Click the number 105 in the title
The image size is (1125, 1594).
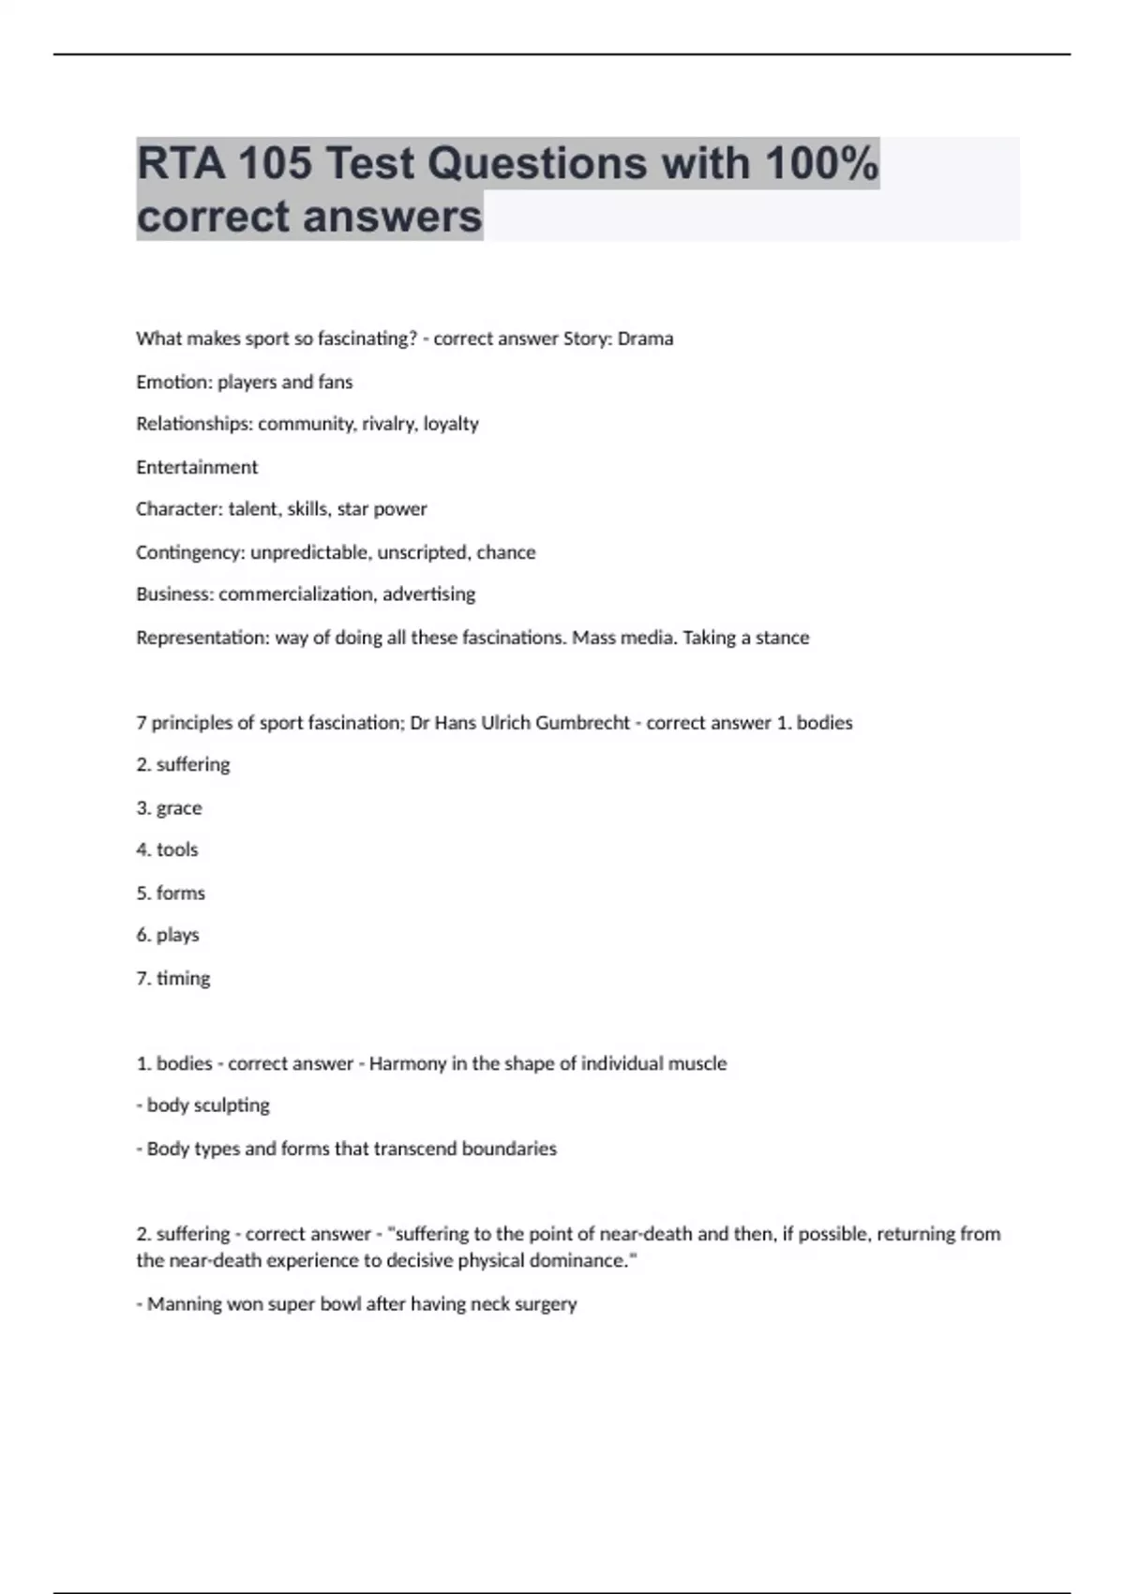pyautogui.click(x=274, y=163)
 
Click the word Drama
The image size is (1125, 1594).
pyautogui.click(x=645, y=338)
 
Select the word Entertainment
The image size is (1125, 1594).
pyautogui.click(x=197, y=467)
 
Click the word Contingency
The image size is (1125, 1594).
pyautogui.click(x=190, y=552)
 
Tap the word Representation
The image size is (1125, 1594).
pyautogui.click(x=202, y=638)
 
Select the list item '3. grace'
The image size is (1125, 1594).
pyautogui.click(x=169, y=808)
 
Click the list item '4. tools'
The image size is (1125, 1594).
pyautogui.click(x=167, y=850)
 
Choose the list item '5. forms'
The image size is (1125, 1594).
pyautogui.click(x=171, y=893)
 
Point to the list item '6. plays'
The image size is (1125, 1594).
pyautogui.click(x=168, y=935)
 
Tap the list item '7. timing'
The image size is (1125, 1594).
pyautogui.click(x=173, y=978)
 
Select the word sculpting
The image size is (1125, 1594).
pyautogui.click(x=232, y=1105)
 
